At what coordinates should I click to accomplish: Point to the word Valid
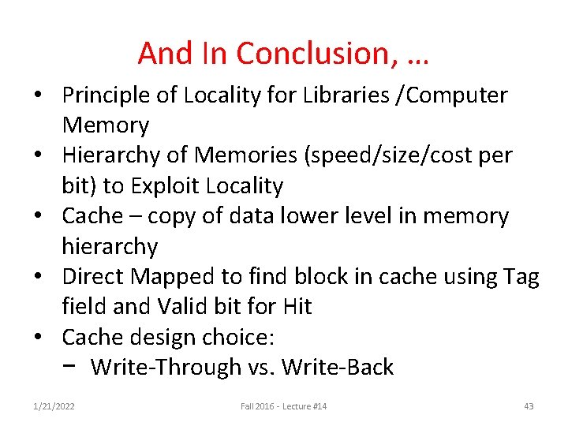coord(204,307)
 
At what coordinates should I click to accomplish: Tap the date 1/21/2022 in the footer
coord(54,406)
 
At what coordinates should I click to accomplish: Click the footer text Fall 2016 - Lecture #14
coord(284,406)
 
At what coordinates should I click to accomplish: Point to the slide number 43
coord(529,406)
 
